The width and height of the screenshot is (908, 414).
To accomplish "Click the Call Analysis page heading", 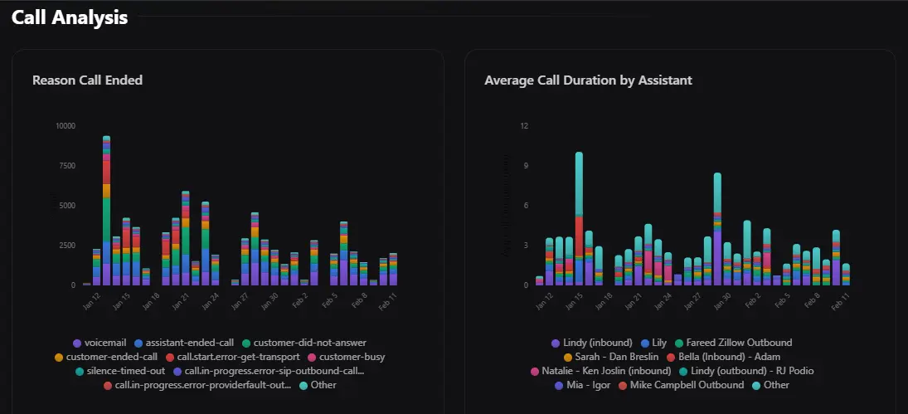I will (x=70, y=17).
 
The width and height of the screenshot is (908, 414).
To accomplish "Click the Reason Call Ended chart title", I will (x=87, y=80).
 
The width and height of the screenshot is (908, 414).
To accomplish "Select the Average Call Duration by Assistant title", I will (x=588, y=80).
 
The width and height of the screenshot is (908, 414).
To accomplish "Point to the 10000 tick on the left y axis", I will (x=65, y=126).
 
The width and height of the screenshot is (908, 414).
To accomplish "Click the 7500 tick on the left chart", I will (x=66, y=166).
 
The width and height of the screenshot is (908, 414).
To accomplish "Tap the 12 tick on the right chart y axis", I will (x=523, y=126).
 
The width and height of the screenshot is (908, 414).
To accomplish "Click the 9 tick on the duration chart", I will (x=525, y=166).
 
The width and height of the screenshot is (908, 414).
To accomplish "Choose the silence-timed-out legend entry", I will (x=120, y=371).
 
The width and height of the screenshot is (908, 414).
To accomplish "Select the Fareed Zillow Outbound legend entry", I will (x=732, y=343).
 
